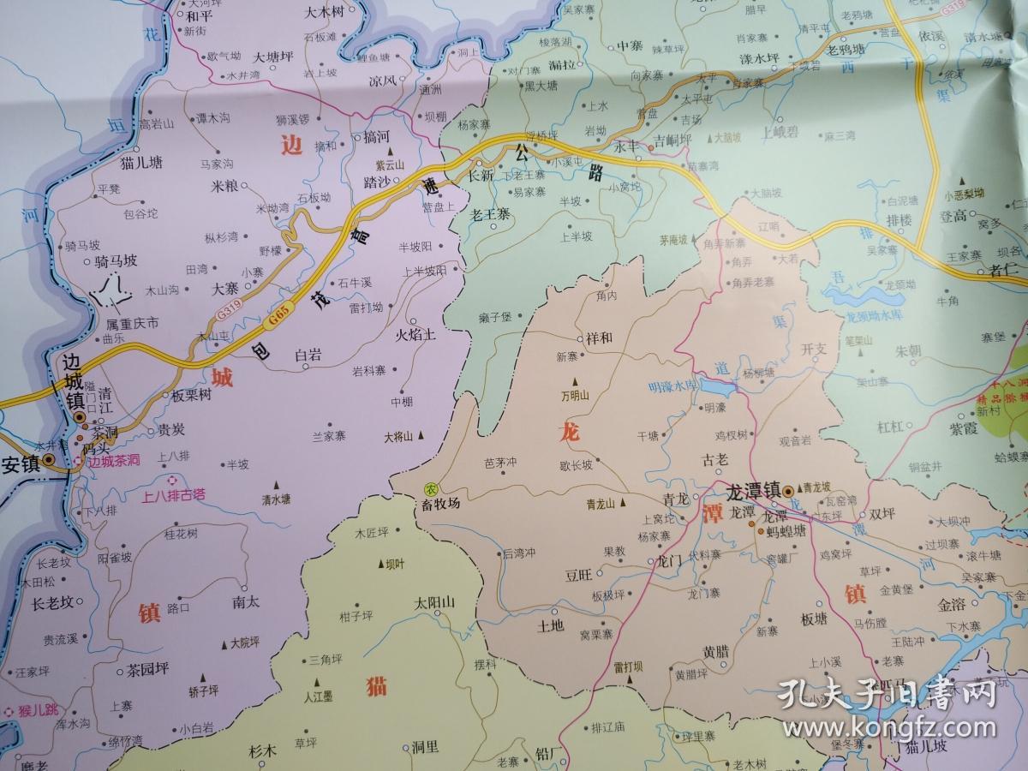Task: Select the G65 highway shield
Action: pos(275,318)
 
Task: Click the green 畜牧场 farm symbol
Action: pos(428,488)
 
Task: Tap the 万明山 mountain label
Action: pos(575,396)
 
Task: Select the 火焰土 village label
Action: pos(415,335)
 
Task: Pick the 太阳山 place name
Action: pos(433,601)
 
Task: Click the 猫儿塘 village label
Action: pos(141,162)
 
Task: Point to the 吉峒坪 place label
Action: pos(672,140)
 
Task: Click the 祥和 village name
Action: pos(600,337)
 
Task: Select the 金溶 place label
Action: pos(951,604)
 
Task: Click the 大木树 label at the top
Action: pos(324,13)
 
